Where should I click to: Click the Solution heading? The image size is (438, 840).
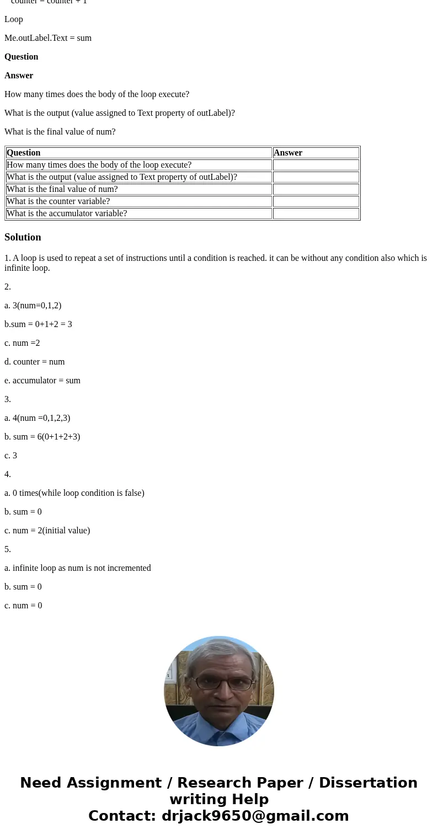coord(23,237)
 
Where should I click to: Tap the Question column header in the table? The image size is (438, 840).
coord(24,153)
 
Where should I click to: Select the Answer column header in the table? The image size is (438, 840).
coord(288,153)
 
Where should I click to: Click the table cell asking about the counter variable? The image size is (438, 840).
coord(58,201)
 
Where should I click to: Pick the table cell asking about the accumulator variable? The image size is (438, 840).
coord(67,213)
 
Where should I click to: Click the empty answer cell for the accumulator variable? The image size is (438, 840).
coord(316,213)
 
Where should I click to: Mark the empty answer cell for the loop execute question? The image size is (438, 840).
coord(316,165)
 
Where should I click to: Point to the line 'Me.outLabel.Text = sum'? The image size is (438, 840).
coord(48,38)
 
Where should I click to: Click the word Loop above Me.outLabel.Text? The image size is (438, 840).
coord(14,19)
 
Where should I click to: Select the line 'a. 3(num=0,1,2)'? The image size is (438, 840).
coord(33,306)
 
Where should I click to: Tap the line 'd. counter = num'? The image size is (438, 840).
coord(35,362)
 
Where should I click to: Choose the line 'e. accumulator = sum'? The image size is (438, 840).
coord(42,381)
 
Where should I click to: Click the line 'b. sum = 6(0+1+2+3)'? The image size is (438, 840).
coord(42,437)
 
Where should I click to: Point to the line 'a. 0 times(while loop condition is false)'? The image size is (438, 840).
coord(74,493)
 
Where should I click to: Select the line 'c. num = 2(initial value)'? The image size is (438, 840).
coord(47,531)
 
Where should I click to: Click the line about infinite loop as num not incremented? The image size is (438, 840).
coord(78,568)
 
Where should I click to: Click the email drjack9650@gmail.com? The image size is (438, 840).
coord(255,816)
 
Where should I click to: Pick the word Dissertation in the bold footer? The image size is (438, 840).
coord(368,783)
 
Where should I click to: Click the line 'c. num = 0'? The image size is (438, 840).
coord(23,606)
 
